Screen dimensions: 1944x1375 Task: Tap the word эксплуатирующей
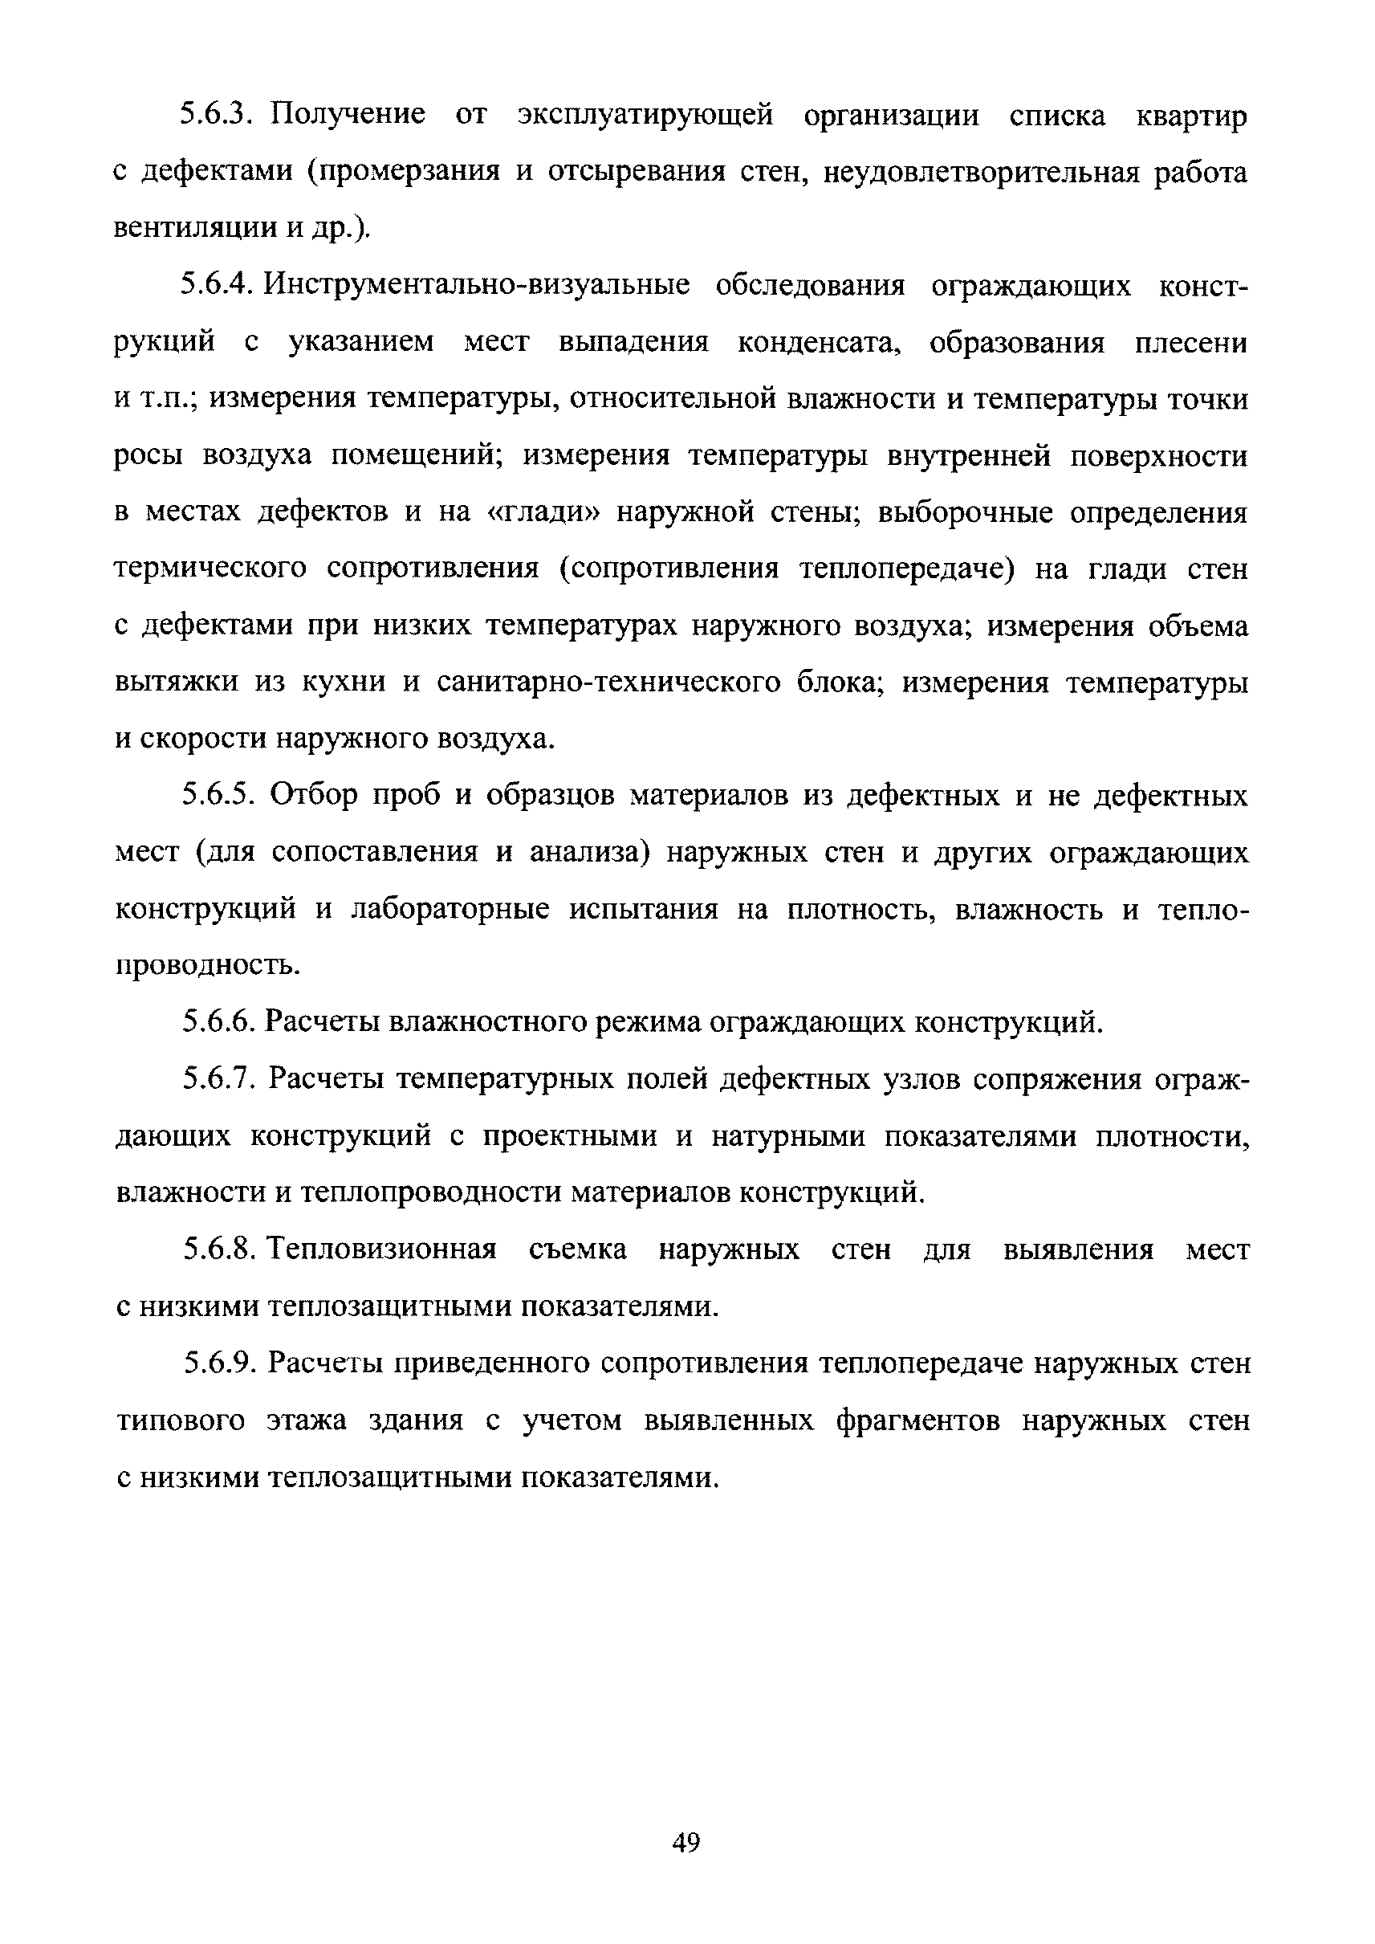click(x=645, y=114)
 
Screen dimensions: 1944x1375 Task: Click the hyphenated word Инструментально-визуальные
click(x=476, y=286)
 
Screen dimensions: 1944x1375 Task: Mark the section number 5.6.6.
click(x=218, y=1022)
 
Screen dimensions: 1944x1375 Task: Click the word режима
click(x=649, y=1022)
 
